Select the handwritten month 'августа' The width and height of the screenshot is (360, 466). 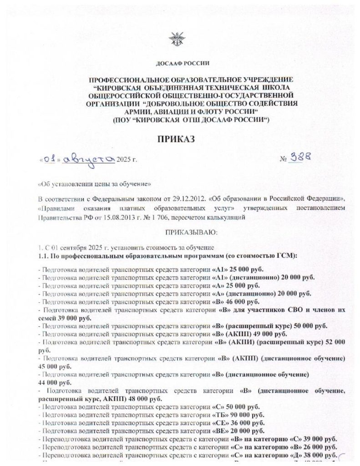(x=90, y=158)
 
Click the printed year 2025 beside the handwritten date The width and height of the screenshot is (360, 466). (x=123, y=160)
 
